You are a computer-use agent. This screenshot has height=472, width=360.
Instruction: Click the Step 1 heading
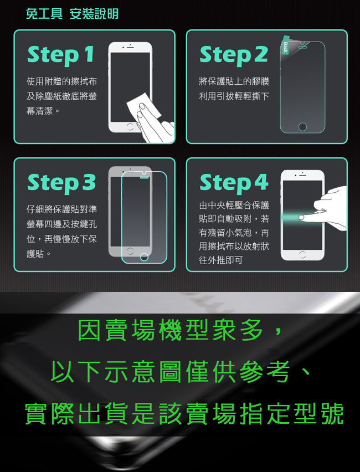click(x=61, y=55)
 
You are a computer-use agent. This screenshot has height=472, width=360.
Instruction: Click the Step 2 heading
click(x=233, y=55)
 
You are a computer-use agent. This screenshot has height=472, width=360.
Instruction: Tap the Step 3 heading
click(x=61, y=183)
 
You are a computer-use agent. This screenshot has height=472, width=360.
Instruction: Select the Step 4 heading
click(x=233, y=183)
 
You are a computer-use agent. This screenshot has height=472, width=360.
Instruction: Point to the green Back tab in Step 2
click(x=285, y=47)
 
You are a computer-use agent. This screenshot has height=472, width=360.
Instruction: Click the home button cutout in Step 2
click(x=302, y=127)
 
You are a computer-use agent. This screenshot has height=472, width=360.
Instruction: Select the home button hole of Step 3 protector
click(x=145, y=257)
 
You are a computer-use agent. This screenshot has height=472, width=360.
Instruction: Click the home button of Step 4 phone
click(x=302, y=255)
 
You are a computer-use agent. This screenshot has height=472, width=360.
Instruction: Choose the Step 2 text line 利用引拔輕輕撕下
click(x=234, y=96)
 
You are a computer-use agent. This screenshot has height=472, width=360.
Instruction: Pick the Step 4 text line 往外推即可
click(x=220, y=260)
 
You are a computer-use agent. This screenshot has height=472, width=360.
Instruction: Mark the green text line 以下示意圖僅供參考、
click(x=180, y=372)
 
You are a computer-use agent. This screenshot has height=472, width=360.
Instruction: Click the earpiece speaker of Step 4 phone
click(x=302, y=175)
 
